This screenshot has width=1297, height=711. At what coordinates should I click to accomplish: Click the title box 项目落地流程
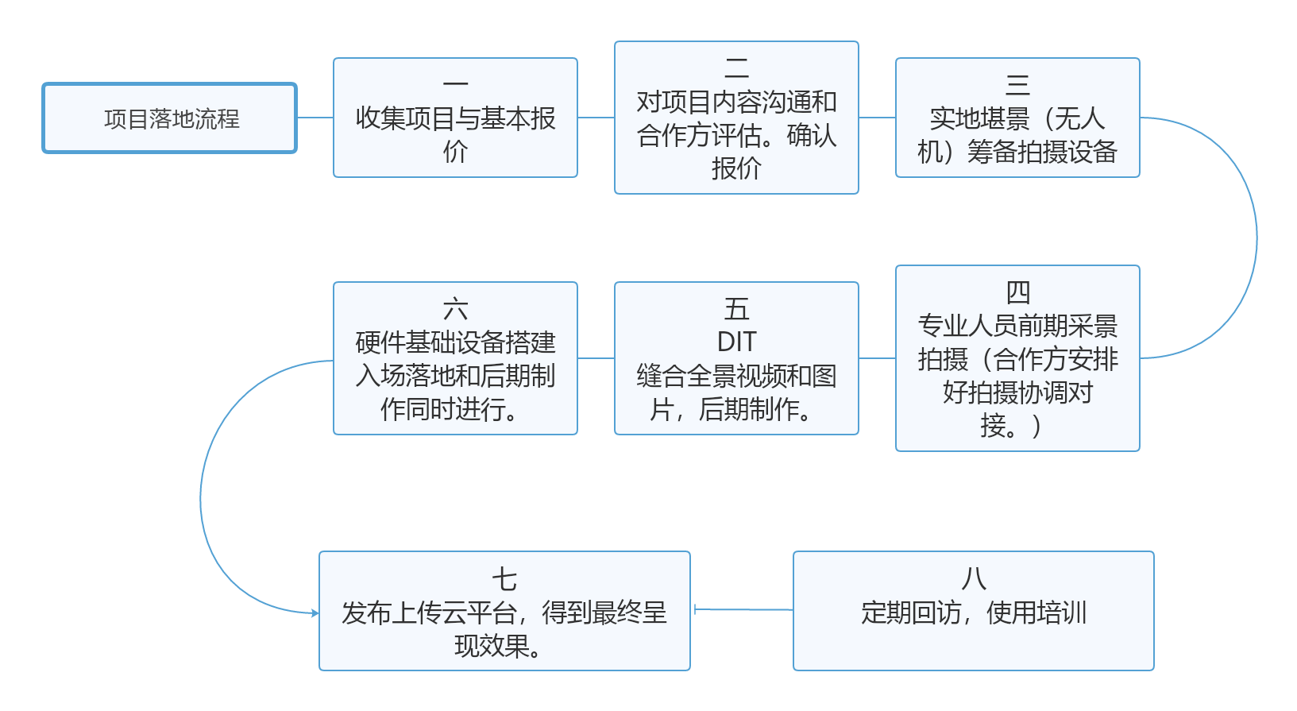coord(170,118)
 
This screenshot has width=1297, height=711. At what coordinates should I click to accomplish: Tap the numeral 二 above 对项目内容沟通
coord(736,68)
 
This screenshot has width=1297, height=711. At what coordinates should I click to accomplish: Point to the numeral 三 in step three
coord(1017,84)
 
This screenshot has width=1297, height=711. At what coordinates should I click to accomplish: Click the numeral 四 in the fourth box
coord(1017,292)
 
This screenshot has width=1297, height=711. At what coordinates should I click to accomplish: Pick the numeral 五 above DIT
coord(736,308)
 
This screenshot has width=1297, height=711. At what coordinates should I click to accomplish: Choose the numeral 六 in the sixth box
coord(455,308)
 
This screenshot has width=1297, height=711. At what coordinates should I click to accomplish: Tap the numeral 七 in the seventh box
coord(504,579)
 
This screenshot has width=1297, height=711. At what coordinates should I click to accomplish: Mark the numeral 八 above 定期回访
coord(974,579)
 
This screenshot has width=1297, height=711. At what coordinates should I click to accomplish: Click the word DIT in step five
coord(736,342)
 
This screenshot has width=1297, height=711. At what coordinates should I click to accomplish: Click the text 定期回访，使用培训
coord(974,612)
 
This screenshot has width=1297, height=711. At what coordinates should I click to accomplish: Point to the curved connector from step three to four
coord(1255,238)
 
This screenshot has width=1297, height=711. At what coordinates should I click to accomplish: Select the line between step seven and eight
coord(743,610)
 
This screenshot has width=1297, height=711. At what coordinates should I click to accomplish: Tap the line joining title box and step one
coord(315,118)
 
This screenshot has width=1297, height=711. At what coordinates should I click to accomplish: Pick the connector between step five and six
coord(596,358)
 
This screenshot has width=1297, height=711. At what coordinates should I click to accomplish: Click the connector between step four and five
coord(877,358)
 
